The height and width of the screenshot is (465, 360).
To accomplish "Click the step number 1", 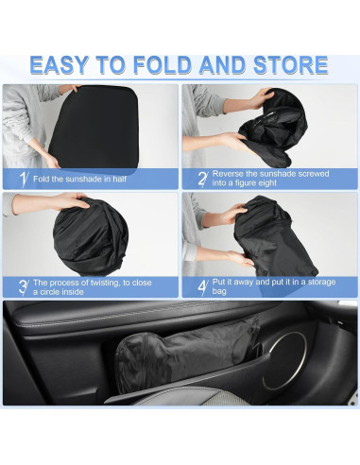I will [22, 179].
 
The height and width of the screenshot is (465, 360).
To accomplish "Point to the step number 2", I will [202, 179].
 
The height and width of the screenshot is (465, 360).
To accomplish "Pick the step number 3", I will [22, 285].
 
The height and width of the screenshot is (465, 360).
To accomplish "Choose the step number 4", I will [202, 285].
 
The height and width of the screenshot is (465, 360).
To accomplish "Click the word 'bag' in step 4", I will [219, 290].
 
